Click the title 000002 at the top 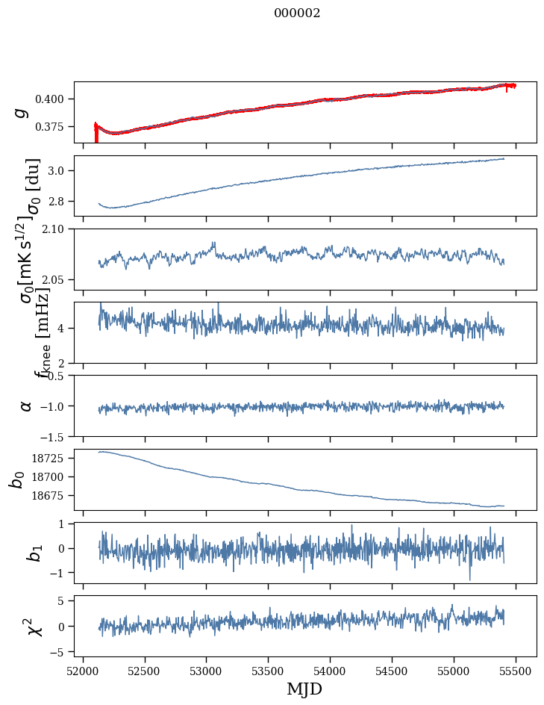pos(297,13)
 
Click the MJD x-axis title pos(304,689)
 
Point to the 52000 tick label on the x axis pos(83,670)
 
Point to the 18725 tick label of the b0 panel pos(51,458)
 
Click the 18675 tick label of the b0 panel pos(51,496)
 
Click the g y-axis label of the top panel pos(22,112)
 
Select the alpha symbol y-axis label pos(26,406)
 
